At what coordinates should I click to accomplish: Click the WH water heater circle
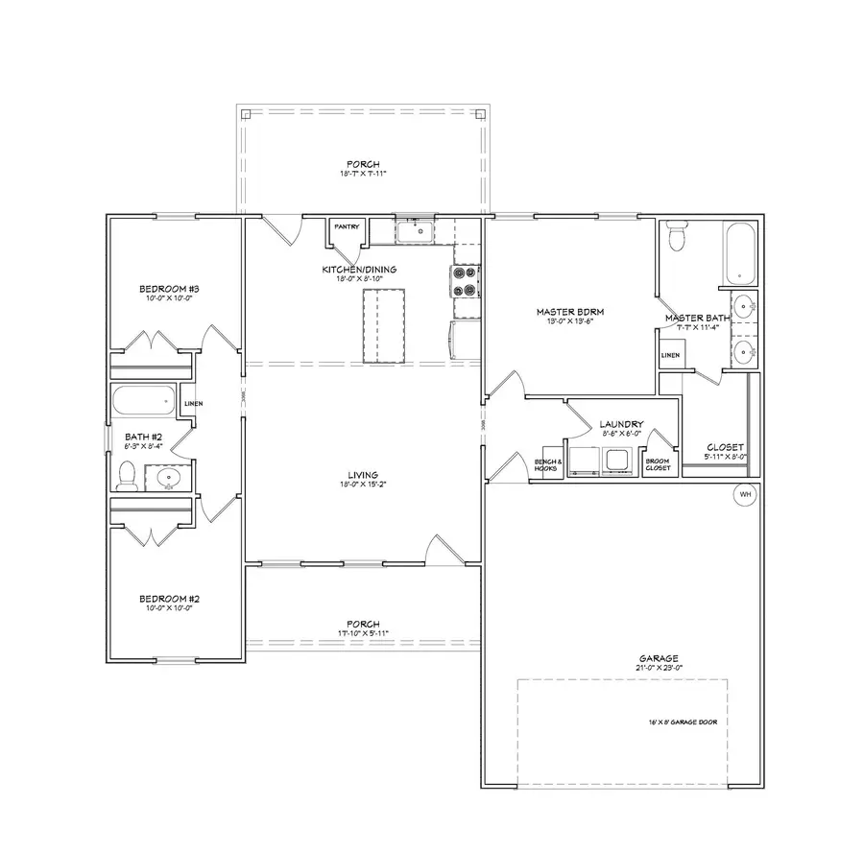745,494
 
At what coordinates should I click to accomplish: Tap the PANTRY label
346,227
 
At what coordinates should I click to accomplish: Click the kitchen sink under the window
418,230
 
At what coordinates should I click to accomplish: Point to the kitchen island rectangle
383,326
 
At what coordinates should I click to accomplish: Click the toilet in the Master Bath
677,235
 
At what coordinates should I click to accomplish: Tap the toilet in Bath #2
127,474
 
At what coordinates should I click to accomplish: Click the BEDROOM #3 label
168,289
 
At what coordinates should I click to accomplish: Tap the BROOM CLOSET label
658,463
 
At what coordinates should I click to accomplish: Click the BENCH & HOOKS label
546,464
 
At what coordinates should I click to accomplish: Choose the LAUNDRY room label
620,423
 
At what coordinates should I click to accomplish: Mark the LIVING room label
363,474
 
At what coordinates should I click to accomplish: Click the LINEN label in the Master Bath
670,355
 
